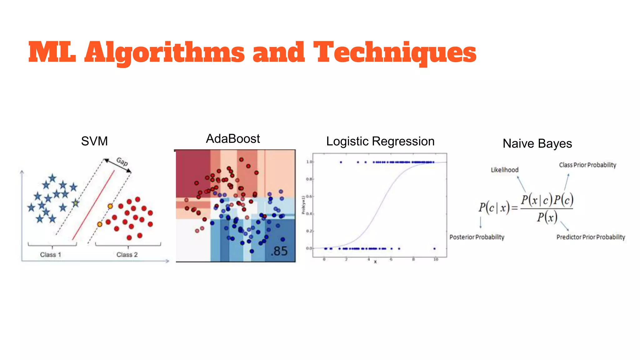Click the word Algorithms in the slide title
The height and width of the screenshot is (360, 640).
[x=164, y=52]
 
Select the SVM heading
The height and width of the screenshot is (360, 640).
[x=94, y=141]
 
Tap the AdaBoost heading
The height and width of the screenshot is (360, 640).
[x=233, y=139]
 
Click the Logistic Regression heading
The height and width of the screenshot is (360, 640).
[x=380, y=141]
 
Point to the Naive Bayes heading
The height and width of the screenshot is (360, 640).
[x=537, y=144]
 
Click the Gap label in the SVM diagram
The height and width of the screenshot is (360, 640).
[x=122, y=162]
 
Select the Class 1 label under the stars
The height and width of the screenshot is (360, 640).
[x=51, y=255]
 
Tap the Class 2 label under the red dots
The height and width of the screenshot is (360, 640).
[x=127, y=255]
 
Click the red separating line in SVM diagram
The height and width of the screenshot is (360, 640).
[x=94, y=205]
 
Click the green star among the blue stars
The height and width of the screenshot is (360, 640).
[x=76, y=203]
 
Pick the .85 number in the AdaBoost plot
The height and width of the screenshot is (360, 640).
[x=279, y=251]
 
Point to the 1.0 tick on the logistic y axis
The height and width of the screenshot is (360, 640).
[x=309, y=162]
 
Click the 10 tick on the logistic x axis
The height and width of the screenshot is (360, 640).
[x=436, y=259]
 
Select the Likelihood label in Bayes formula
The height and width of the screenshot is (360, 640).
[x=504, y=170]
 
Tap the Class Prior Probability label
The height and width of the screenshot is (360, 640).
[x=587, y=165]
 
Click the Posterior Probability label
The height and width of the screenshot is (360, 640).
[x=477, y=237]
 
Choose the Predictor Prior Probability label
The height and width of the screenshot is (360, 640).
[x=591, y=237]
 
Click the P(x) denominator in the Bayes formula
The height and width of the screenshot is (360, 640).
[x=547, y=217]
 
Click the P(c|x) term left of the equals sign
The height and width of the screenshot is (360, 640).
[x=494, y=207]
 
